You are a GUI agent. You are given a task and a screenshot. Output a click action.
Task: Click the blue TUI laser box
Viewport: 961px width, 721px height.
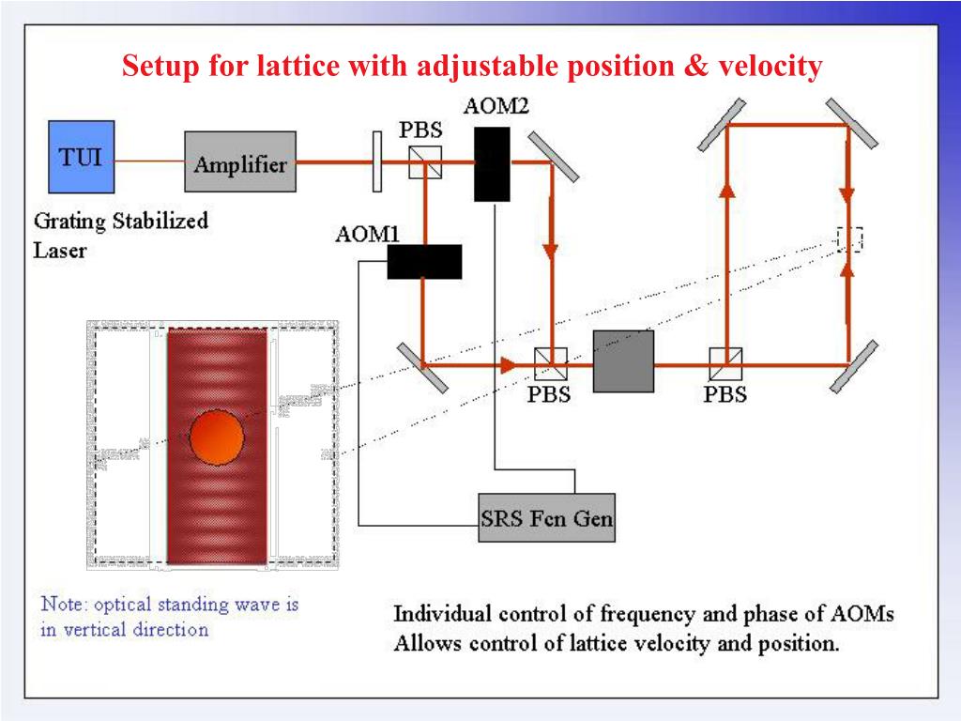(82, 156)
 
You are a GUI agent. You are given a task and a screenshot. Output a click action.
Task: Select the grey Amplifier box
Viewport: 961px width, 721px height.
(240, 163)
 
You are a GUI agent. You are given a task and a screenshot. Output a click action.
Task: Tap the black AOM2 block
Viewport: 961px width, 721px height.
(492, 163)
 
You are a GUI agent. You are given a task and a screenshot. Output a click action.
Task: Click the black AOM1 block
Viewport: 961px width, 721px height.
(424, 262)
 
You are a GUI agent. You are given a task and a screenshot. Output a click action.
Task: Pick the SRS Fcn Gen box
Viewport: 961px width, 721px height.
(546, 517)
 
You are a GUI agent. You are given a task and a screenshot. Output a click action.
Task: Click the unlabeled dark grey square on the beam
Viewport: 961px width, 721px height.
(623, 361)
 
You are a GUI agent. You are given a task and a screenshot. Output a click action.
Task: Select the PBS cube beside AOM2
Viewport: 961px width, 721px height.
(425, 163)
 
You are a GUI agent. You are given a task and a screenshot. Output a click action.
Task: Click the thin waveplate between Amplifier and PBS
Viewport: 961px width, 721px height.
(376, 162)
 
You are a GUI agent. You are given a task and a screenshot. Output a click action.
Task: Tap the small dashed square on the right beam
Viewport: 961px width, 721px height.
(849, 239)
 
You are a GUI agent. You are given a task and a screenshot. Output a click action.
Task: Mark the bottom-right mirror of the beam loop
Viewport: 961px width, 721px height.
(853, 366)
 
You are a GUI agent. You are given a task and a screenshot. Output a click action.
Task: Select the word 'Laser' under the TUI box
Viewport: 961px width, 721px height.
(60, 251)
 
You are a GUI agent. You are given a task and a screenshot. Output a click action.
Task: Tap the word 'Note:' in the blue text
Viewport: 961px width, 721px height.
(64, 604)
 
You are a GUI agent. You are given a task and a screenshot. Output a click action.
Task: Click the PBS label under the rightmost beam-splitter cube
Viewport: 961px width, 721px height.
(725, 394)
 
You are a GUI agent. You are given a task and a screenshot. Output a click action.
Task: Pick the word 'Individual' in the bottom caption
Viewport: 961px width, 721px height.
(440, 615)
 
